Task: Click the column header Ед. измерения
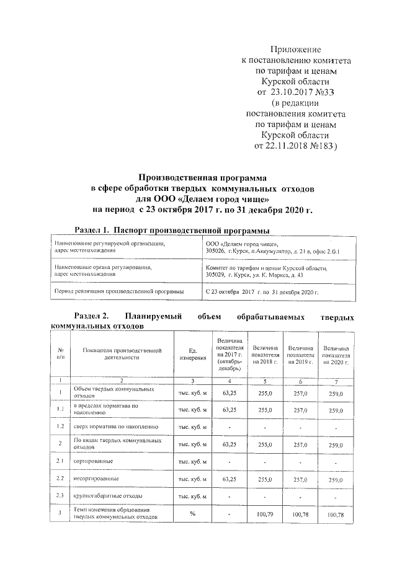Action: click(x=192, y=355)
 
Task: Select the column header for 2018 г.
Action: click(x=265, y=355)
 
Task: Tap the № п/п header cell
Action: click(x=60, y=355)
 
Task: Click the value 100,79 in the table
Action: click(x=265, y=514)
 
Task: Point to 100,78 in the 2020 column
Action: click(x=335, y=515)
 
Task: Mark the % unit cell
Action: click(x=192, y=514)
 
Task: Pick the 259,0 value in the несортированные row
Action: click(x=335, y=479)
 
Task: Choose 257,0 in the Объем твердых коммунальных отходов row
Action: click(x=300, y=392)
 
